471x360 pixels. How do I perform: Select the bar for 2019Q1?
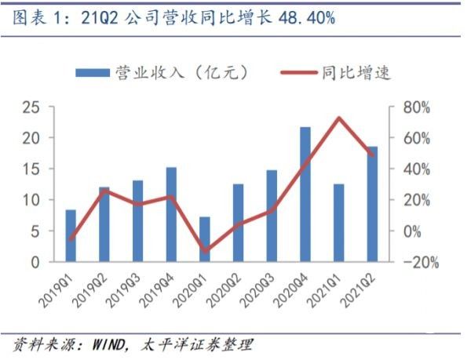pos(71,236)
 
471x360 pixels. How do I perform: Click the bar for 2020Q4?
pos(305,195)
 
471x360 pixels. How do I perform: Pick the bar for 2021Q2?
pos(372,204)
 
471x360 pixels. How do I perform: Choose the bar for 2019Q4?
pos(171,214)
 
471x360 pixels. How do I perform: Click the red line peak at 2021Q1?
pos(338,118)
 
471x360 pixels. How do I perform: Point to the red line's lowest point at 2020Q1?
pos(204,251)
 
